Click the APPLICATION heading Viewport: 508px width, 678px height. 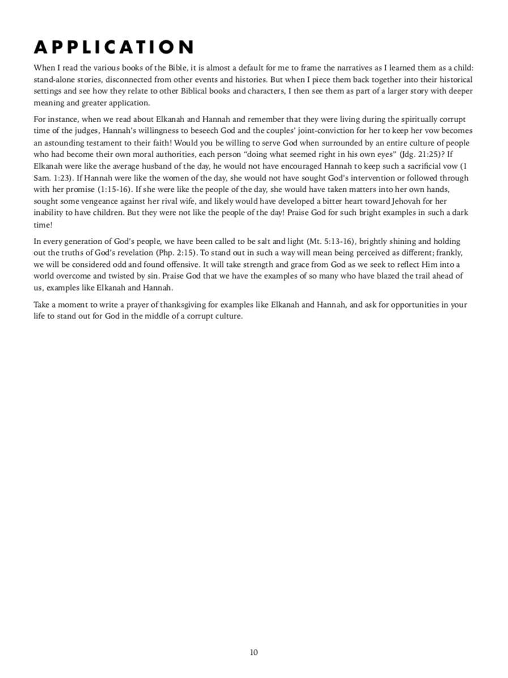coord(114,47)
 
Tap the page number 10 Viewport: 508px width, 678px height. coord(254,652)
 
